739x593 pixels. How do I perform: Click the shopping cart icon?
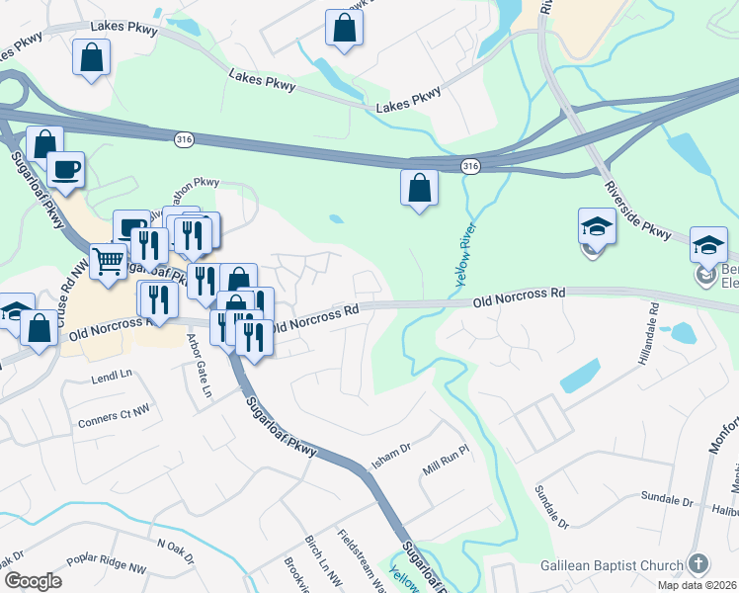tap(109, 262)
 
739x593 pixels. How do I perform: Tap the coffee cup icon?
tap(66, 169)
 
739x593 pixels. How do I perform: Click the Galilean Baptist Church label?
tap(612, 566)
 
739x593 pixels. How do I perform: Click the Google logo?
tap(33, 580)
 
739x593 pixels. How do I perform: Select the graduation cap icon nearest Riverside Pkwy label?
tap(597, 225)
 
